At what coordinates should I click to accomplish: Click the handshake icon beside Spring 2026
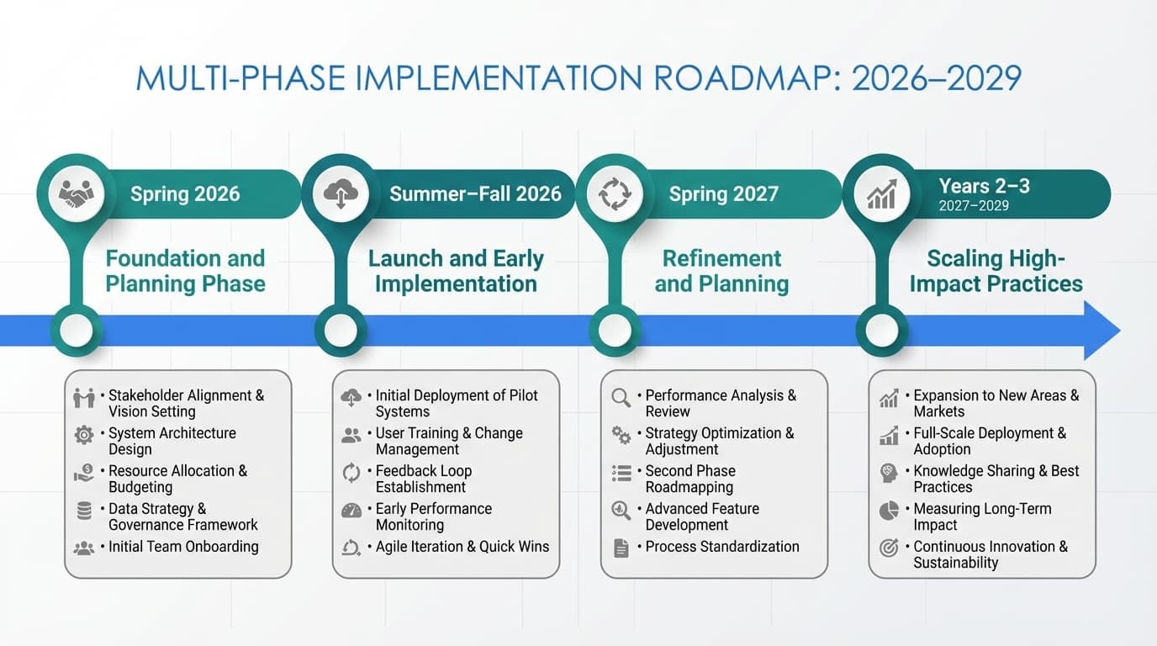coord(77,194)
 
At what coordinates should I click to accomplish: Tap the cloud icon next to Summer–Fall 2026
coord(341,194)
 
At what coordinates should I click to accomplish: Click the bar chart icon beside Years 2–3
coord(881,194)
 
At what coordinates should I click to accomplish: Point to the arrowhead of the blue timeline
coord(1102,331)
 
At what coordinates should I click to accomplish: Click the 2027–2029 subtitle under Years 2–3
coord(974,206)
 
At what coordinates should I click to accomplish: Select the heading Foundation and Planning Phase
coord(185,271)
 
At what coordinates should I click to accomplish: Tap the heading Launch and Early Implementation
coord(456,271)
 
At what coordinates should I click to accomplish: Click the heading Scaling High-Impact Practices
coord(996,271)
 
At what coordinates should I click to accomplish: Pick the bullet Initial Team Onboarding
coord(183,547)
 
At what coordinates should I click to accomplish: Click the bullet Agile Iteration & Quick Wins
coord(462,547)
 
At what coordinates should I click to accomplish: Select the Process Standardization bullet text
coord(721,547)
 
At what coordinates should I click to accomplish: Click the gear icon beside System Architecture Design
coord(84,435)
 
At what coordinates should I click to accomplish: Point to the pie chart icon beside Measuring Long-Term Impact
coord(889,511)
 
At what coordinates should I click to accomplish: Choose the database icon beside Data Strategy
coord(84,511)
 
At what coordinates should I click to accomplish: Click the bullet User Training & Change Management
coord(448,441)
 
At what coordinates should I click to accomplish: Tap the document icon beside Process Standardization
coord(621,548)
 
